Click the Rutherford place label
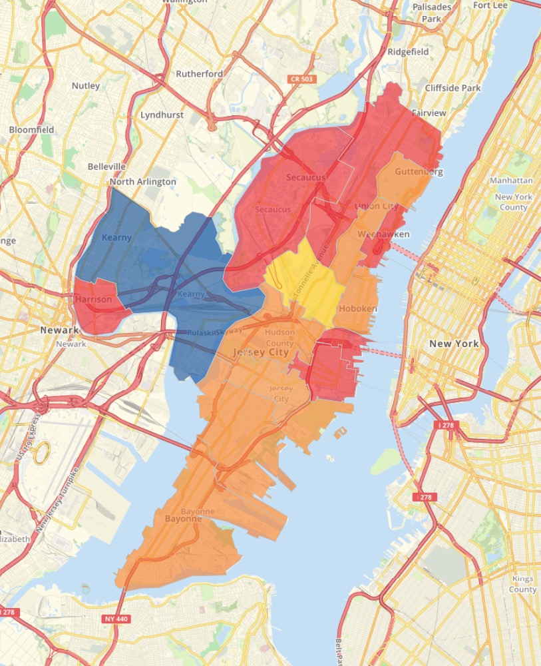(x=199, y=74)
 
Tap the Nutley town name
(x=86, y=85)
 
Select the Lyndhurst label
(x=162, y=115)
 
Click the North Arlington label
(x=143, y=181)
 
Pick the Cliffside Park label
(x=452, y=88)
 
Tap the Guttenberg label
(x=419, y=171)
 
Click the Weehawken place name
(x=383, y=234)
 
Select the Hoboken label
(x=358, y=309)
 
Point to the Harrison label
(x=94, y=300)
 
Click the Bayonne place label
(x=183, y=518)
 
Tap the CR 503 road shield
(x=302, y=79)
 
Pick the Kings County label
(x=522, y=584)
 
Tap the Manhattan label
(x=511, y=180)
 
